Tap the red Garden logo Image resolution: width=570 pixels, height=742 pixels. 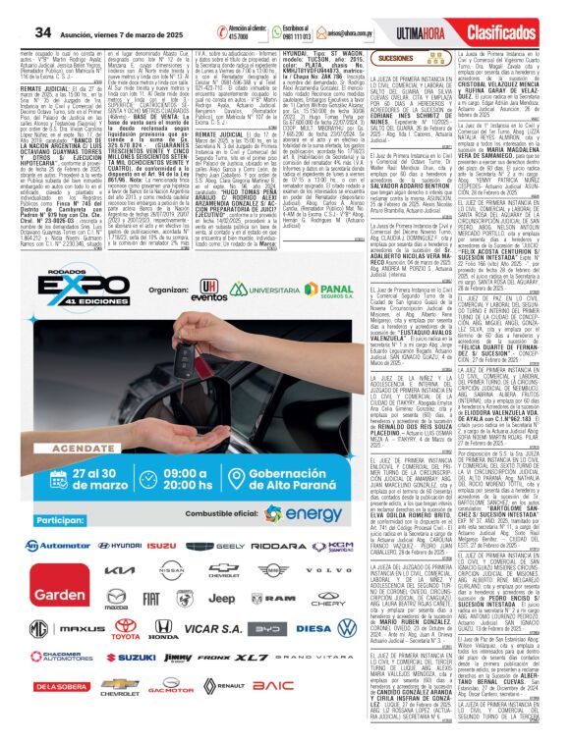45,596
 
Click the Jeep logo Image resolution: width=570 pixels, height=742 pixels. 221,598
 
